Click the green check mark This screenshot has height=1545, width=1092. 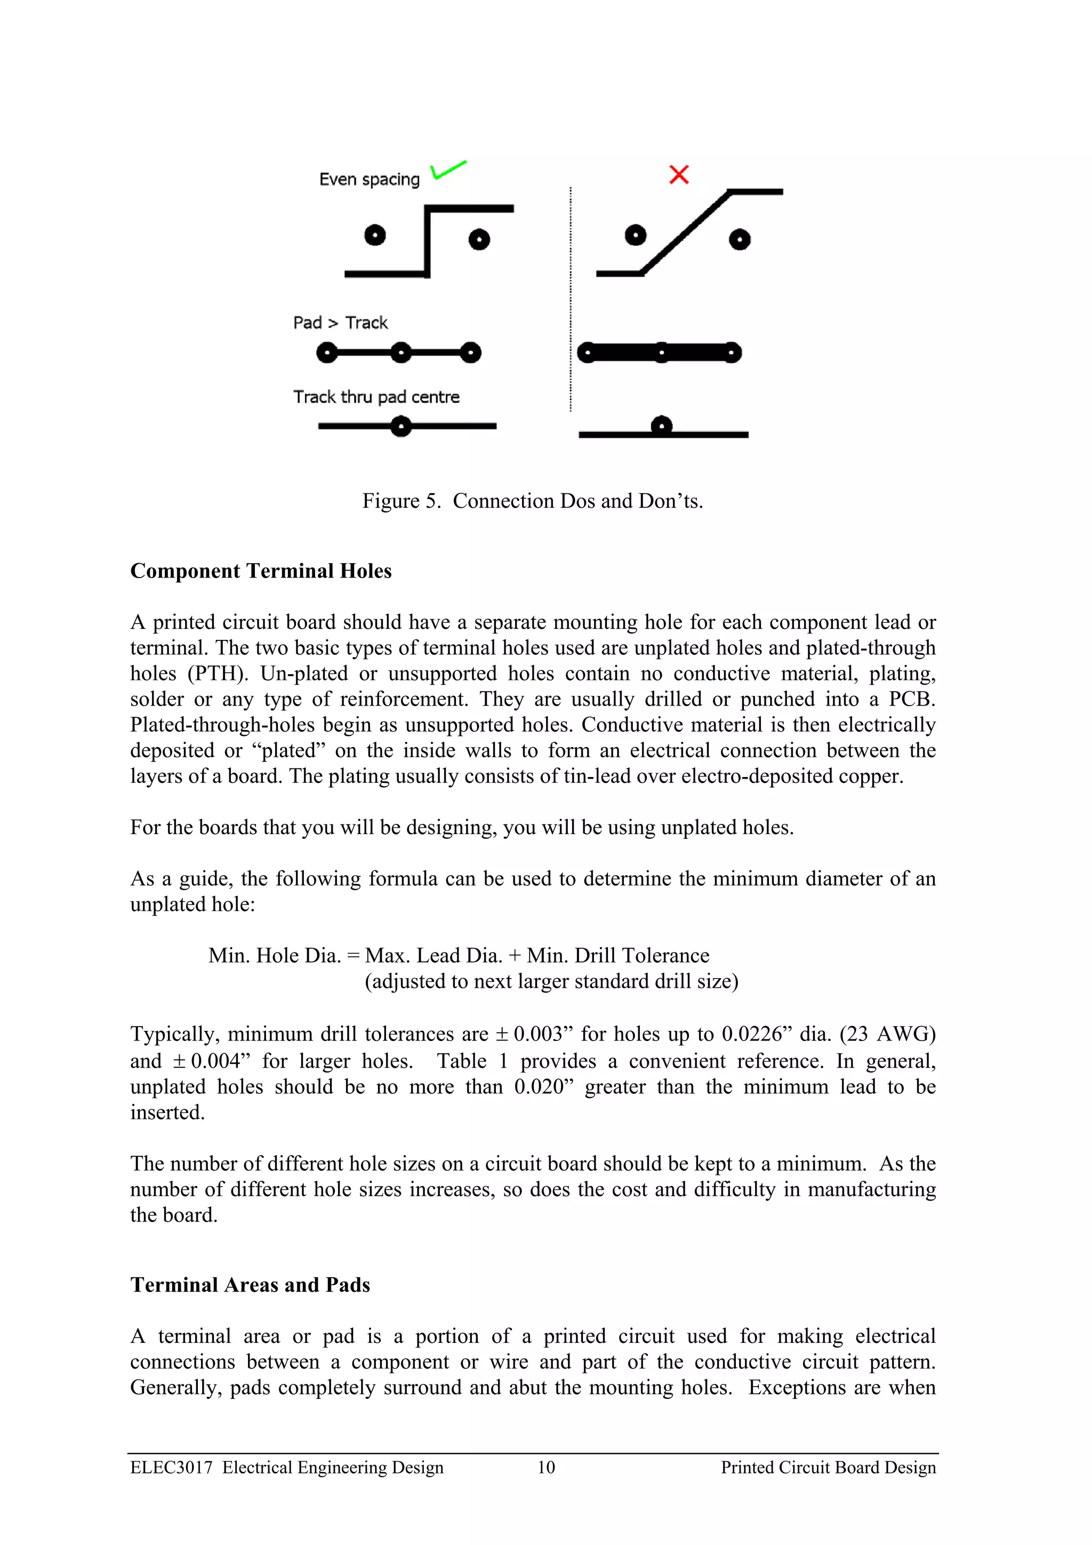[x=447, y=170]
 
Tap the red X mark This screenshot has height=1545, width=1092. [x=679, y=175]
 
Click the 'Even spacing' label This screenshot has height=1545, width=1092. [x=370, y=180]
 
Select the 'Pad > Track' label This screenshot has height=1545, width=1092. [x=341, y=323]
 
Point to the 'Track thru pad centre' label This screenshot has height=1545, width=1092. [x=376, y=397]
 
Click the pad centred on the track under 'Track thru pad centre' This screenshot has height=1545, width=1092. [x=401, y=426]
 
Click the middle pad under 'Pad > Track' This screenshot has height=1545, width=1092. [x=401, y=353]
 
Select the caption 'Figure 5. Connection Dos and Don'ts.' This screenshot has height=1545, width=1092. [x=532, y=501]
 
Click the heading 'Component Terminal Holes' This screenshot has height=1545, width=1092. [x=261, y=571]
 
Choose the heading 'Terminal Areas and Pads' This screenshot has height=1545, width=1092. [x=250, y=1285]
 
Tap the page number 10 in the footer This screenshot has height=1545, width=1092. [x=547, y=1467]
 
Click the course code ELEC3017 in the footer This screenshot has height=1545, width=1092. [x=172, y=1467]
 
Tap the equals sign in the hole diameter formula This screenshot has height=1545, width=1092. [x=352, y=956]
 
